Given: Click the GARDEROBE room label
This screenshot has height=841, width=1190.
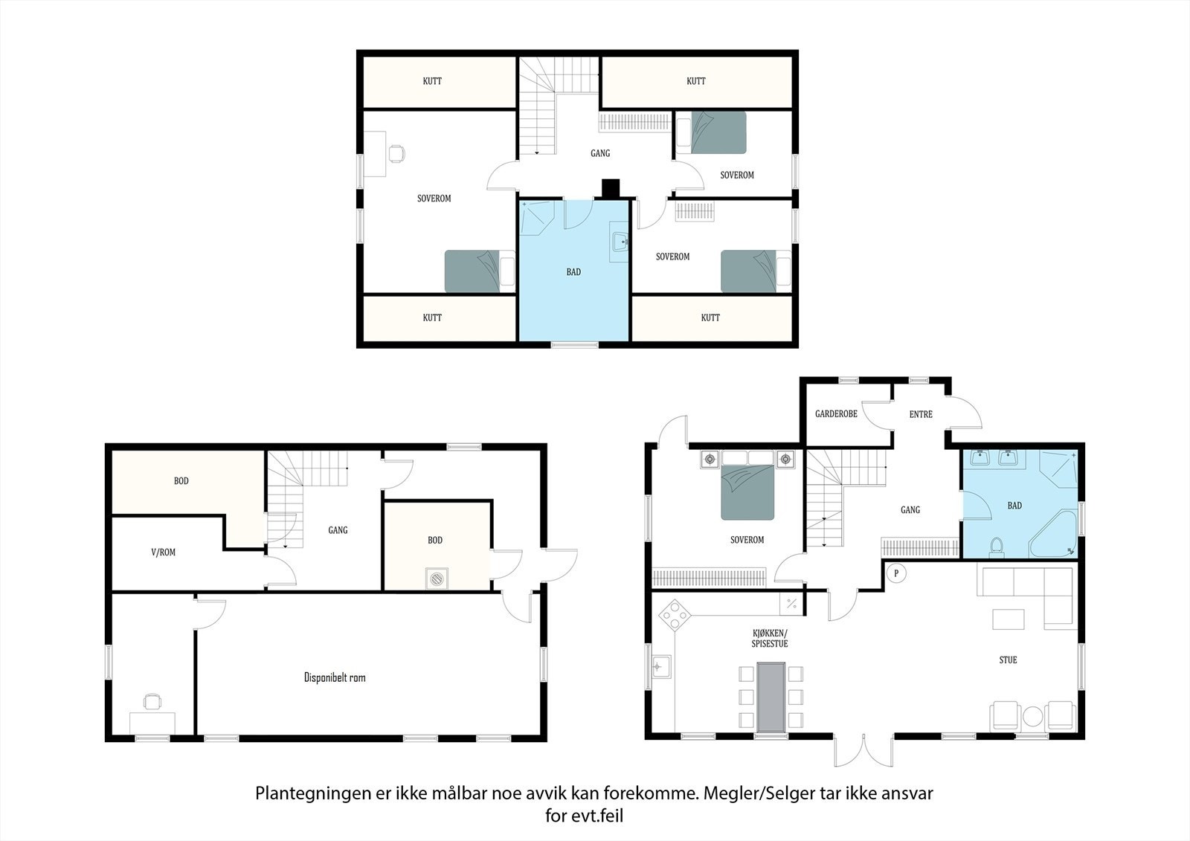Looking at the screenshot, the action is (836, 414).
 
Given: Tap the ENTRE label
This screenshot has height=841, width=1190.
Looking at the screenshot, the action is (921, 414).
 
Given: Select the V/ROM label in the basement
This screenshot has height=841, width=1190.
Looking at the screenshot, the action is (163, 552).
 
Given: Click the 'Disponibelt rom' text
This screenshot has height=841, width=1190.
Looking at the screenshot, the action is (335, 677).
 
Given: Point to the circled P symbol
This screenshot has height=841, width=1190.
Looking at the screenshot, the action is (896, 573).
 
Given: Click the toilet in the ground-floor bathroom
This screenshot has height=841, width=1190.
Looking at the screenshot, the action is (996, 547).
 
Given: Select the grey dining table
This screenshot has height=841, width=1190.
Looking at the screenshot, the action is (771, 697).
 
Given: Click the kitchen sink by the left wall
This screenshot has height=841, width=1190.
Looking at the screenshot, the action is (661, 666).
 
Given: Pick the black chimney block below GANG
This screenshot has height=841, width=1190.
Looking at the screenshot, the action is (611, 189).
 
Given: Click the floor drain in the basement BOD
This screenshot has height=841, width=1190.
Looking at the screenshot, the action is (437, 579).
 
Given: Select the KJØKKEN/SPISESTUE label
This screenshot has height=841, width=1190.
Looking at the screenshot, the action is (770, 638).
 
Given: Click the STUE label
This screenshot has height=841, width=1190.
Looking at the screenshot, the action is (1008, 660).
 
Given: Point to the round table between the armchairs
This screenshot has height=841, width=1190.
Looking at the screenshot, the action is (1033, 717).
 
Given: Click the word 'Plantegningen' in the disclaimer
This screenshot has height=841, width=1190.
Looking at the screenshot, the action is (313, 793).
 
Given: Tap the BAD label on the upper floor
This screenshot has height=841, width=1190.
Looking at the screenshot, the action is (573, 272).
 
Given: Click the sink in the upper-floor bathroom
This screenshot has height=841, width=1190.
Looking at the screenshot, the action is (620, 242).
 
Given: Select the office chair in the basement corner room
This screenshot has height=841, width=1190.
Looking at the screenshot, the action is (152, 701).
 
